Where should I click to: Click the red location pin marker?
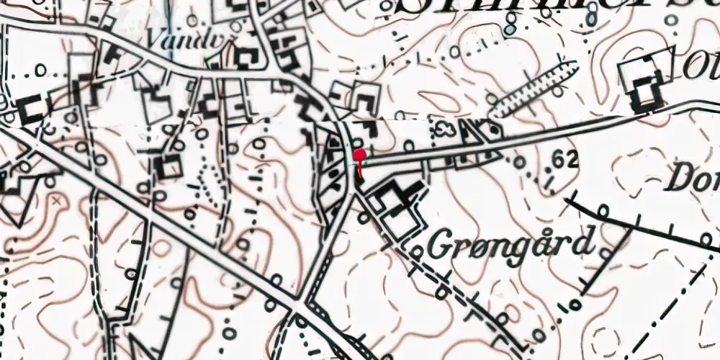pyautogui.click(x=360, y=154)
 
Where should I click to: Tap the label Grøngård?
pyautogui.click(x=512, y=243)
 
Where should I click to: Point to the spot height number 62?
pyautogui.click(x=567, y=159)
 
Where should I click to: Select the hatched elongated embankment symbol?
pyautogui.click(x=534, y=89)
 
